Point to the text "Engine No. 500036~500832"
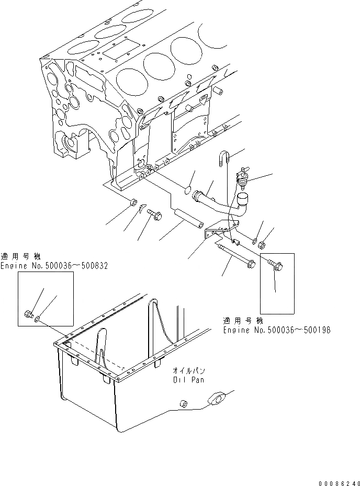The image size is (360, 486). coord(54,265)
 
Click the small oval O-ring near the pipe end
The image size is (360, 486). coord(187,190)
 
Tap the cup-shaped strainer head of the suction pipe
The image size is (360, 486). coord(244,199)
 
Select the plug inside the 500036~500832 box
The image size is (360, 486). coord(29,314)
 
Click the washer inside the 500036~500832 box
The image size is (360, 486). coord(38,317)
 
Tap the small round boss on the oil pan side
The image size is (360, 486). coord(184,404)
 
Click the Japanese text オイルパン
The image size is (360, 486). coord(188,370)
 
